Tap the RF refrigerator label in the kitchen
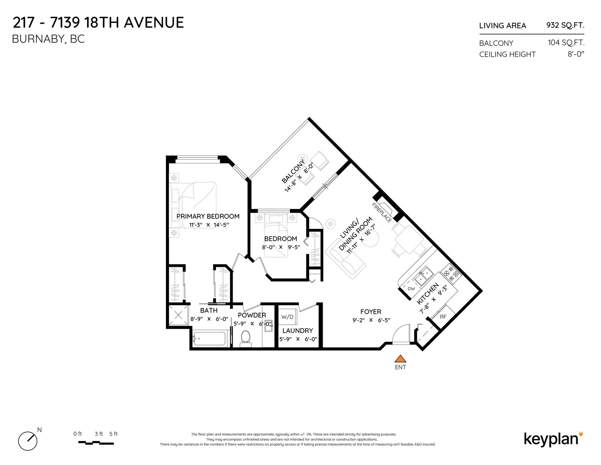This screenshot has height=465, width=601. click(443, 317)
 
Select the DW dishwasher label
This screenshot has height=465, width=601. click(411, 289)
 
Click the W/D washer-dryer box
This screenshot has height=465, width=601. click(287, 317)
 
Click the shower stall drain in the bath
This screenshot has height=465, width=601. click(178, 315)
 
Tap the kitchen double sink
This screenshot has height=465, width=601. click(424, 276)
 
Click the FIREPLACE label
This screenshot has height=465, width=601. click(382, 212)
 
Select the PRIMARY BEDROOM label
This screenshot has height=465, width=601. click(208, 216)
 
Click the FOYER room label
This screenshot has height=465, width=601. click(371, 312)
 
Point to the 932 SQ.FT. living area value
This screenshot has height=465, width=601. click(565, 26)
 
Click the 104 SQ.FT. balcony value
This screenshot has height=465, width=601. click(566, 42)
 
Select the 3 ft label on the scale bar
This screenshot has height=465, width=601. click(99, 434)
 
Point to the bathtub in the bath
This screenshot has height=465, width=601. click(209, 339)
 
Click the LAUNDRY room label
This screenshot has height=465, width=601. click(297, 330)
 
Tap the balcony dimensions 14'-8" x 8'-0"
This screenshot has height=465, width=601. click(299, 177)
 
